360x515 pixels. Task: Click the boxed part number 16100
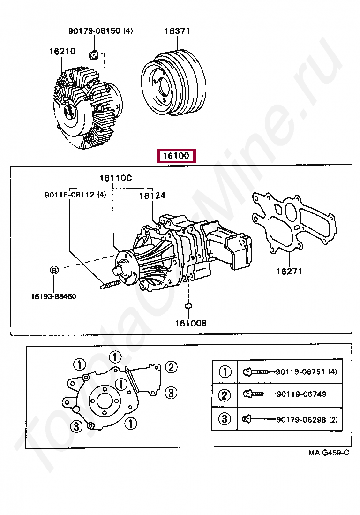(x=176, y=155)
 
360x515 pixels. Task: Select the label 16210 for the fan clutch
(x=62, y=52)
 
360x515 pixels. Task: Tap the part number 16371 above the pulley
(x=177, y=31)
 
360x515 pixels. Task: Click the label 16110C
(x=115, y=178)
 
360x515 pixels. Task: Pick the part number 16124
(x=152, y=196)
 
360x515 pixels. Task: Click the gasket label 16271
(x=289, y=271)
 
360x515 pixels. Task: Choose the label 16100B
(x=191, y=323)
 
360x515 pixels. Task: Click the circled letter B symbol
(x=54, y=270)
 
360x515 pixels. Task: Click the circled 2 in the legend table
(x=225, y=395)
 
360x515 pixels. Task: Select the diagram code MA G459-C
(x=329, y=453)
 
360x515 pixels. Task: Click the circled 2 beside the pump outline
(x=171, y=367)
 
